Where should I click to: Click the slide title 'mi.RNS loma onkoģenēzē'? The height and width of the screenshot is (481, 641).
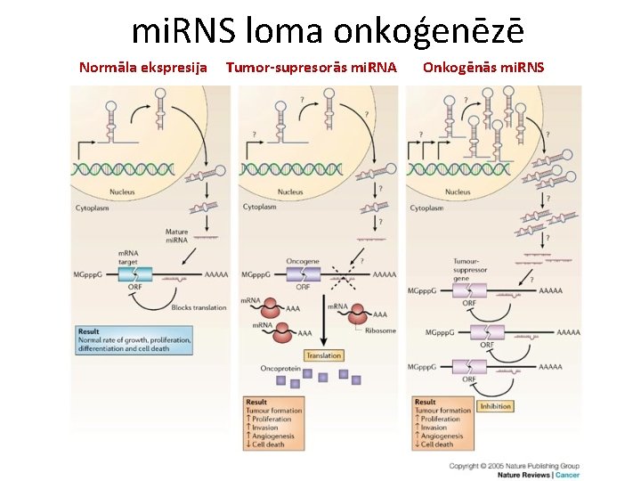click(328, 31)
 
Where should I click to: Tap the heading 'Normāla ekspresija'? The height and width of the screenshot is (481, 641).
click(143, 68)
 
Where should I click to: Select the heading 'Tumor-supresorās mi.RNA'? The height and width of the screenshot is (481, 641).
click(311, 68)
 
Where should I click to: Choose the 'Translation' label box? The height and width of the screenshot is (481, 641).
click(323, 355)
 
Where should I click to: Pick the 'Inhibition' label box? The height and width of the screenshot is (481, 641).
click(495, 406)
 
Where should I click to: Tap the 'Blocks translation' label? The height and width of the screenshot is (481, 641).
click(194, 307)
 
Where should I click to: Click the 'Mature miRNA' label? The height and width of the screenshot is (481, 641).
click(176, 236)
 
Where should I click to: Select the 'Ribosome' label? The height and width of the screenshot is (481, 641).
click(380, 330)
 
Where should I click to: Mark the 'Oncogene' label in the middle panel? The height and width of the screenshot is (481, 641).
click(303, 262)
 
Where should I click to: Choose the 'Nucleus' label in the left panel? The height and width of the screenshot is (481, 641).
click(122, 192)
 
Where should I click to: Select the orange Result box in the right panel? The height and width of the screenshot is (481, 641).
click(442, 422)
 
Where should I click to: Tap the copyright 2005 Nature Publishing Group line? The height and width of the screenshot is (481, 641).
click(515, 465)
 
